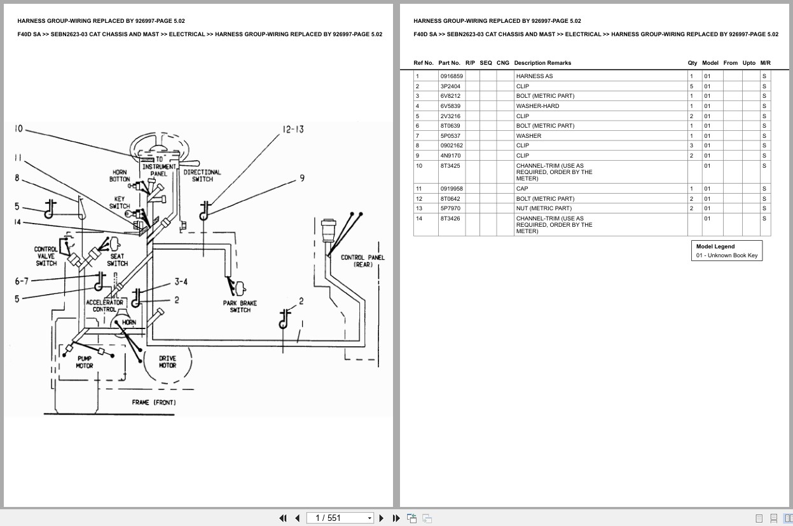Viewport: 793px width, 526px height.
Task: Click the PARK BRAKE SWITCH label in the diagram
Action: (x=240, y=306)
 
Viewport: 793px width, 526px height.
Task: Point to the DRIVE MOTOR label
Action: (x=167, y=361)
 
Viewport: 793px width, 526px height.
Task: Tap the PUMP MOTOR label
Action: (x=85, y=361)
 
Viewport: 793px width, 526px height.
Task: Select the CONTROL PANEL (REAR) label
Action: (x=362, y=260)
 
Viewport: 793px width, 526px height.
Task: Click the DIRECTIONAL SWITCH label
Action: (x=202, y=175)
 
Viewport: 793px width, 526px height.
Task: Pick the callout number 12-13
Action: (x=293, y=130)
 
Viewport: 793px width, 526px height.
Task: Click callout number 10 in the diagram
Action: (x=18, y=129)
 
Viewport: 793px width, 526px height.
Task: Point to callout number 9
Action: (x=302, y=179)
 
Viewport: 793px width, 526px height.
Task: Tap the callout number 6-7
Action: (x=22, y=281)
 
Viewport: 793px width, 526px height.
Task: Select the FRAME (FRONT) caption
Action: (x=154, y=402)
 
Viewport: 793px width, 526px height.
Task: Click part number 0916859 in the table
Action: (x=452, y=76)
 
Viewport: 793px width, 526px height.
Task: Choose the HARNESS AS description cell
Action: (x=534, y=76)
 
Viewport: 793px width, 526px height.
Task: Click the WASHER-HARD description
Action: (x=537, y=106)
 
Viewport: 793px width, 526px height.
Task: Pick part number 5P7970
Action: (x=450, y=208)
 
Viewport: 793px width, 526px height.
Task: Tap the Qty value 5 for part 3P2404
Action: (x=692, y=86)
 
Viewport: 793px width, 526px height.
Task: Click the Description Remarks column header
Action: (x=542, y=63)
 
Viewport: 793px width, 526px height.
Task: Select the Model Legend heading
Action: (x=715, y=246)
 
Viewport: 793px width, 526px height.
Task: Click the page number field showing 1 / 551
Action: (x=340, y=518)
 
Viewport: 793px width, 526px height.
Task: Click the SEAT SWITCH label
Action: (x=117, y=260)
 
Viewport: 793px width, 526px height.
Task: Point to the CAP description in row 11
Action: (x=522, y=189)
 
